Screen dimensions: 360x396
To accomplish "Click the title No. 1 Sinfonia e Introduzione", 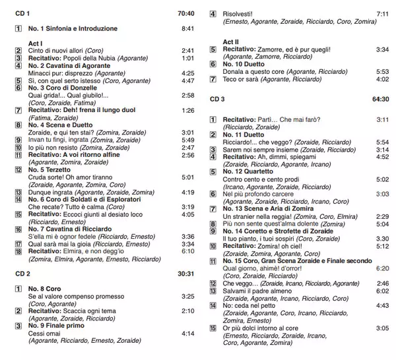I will [x=73, y=29].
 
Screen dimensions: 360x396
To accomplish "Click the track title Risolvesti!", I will [x=240, y=13].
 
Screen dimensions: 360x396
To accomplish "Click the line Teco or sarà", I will [x=241, y=79].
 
